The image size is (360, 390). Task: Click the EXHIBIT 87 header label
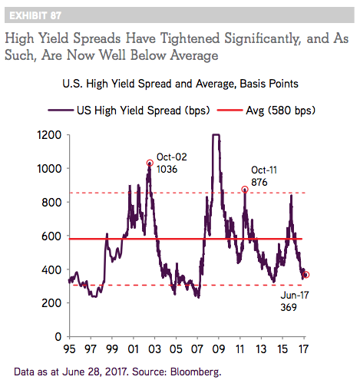click(x=35, y=15)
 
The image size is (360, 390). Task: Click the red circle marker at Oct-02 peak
click(x=150, y=163)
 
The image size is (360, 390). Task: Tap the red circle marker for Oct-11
click(x=245, y=190)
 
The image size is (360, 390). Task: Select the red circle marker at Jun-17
click(x=306, y=275)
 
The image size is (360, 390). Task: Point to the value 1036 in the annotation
click(x=167, y=170)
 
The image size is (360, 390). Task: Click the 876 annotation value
click(x=259, y=183)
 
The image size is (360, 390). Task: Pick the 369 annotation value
click(x=289, y=307)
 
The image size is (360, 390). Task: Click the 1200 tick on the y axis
click(x=49, y=135)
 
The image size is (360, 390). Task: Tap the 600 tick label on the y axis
click(x=51, y=236)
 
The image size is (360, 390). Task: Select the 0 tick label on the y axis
click(x=58, y=337)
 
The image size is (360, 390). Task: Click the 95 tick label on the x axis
click(x=69, y=349)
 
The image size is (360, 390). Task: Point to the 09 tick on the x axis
click(x=219, y=349)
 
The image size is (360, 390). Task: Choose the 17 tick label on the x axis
click(x=303, y=349)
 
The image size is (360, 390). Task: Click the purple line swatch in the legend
click(x=61, y=111)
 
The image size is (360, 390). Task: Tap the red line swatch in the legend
click(x=230, y=111)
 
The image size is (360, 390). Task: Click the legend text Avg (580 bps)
click(x=281, y=111)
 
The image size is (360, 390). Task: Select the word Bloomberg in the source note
click(x=196, y=372)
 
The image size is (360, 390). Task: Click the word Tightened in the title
click(x=190, y=38)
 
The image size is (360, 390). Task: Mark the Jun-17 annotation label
click(x=295, y=295)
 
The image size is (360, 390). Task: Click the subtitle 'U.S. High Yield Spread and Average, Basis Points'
click(x=180, y=84)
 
